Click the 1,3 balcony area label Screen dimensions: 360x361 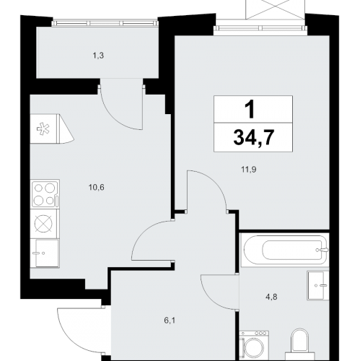[x=98, y=56]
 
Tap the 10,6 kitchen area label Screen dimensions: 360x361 [x=97, y=187]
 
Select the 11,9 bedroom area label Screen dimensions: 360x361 [x=249, y=170]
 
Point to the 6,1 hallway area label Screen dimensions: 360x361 [x=170, y=321]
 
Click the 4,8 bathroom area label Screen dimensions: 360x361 [x=271, y=297]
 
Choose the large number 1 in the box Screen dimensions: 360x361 [x=250, y=109]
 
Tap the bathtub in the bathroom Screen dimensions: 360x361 [x=285, y=250]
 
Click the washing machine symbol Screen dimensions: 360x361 [x=254, y=346]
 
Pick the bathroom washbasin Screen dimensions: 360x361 [x=318, y=285]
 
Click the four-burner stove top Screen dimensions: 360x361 [x=45, y=194]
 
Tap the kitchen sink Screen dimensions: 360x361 [x=47, y=253]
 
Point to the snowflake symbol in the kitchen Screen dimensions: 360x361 [x=43, y=129]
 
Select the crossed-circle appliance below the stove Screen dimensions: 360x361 [x=43, y=224]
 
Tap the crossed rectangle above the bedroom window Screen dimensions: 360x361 [x=275, y=9]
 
